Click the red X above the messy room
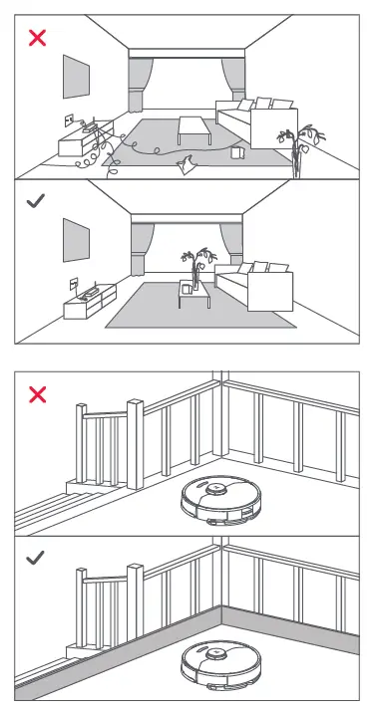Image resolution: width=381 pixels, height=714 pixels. (x=38, y=39)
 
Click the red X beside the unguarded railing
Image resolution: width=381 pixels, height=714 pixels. (x=37, y=394)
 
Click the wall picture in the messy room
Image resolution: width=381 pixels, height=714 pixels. (x=76, y=76)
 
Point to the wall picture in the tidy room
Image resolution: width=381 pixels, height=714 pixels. (x=76, y=240)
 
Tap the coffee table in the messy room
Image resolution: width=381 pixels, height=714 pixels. (x=191, y=127)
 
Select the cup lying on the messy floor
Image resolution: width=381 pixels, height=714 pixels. (x=236, y=153)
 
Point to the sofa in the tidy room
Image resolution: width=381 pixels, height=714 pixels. (x=255, y=286)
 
